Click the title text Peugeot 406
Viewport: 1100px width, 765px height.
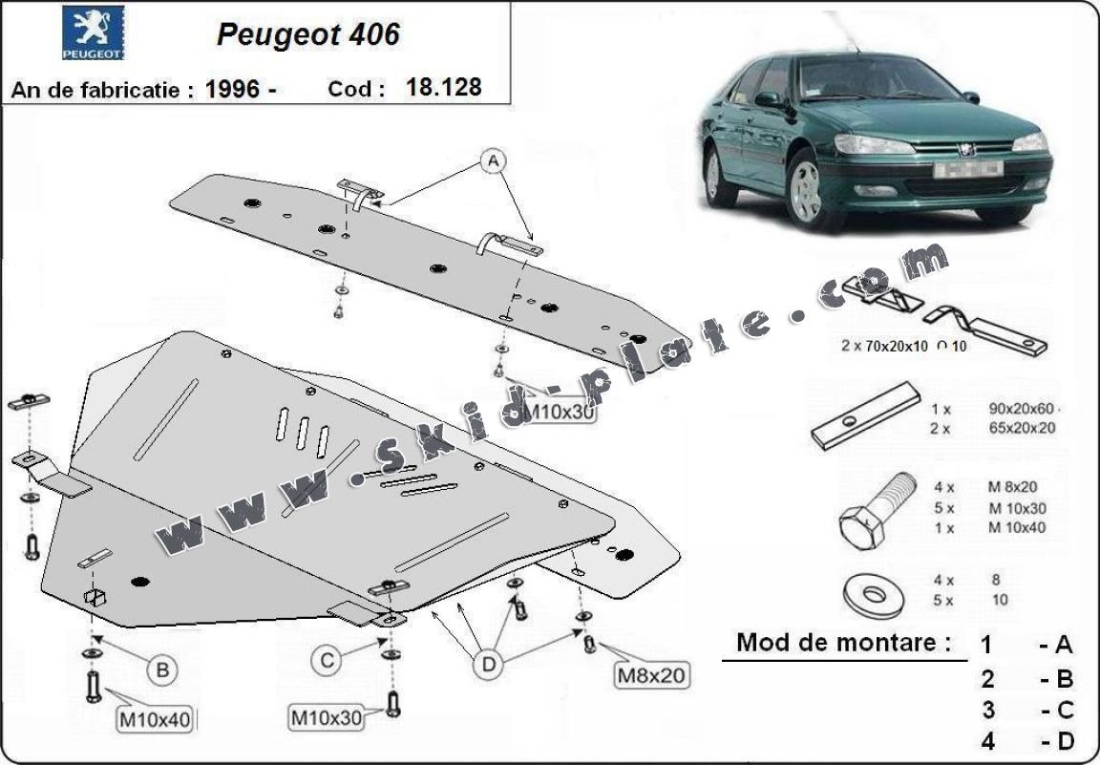pyautogui.click(x=308, y=33)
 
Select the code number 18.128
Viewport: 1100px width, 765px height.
pyautogui.click(x=443, y=87)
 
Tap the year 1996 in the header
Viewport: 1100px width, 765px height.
pyautogui.click(x=233, y=89)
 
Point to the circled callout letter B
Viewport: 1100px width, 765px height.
pyautogui.click(x=162, y=670)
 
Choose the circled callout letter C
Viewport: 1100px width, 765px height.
pyautogui.click(x=326, y=659)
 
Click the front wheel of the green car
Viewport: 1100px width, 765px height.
pyautogui.click(x=805, y=190)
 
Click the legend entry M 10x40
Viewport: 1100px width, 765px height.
pyautogui.click(x=1017, y=527)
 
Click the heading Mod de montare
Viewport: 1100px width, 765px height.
pyautogui.click(x=843, y=642)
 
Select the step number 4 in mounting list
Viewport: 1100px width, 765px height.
pyautogui.click(x=987, y=740)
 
